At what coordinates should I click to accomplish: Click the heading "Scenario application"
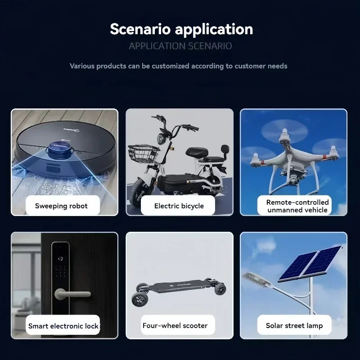tap(181, 30)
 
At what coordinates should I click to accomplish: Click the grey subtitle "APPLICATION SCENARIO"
tap(180, 46)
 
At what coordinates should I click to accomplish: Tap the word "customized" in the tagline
tap(171, 66)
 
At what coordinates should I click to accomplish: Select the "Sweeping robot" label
tap(61, 206)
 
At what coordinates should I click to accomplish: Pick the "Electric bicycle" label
tap(179, 206)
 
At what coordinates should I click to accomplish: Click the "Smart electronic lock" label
tap(63, 326)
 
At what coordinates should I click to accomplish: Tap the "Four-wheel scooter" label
tap(175, 325)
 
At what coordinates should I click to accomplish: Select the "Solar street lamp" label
tap(294, 325)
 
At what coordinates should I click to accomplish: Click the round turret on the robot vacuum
tap(60, 149)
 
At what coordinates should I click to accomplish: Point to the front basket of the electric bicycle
tap(144, 153)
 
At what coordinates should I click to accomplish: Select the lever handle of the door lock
tap(72, 294)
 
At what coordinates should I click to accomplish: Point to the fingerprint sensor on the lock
tap(60, 259)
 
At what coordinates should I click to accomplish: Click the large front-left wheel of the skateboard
tap(140, 300)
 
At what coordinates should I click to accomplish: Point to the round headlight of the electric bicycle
tap(160, 138)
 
